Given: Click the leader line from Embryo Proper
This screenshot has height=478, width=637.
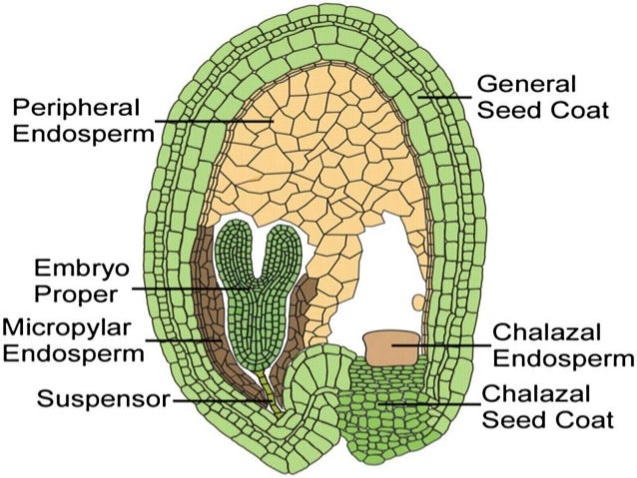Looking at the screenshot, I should pyautogui.click(x=190, y=287).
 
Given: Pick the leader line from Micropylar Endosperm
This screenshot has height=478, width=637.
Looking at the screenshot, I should pyautogui.click(x=185, y=339).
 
